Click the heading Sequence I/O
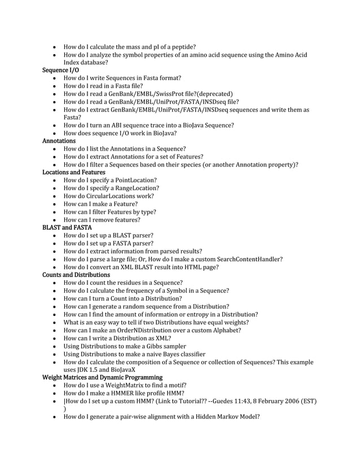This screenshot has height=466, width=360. point(61,70)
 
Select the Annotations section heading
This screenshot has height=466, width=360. point(59,140)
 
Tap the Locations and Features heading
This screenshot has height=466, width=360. point(74,172)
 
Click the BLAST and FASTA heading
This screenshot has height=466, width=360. point(67,227)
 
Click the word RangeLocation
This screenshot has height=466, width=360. point(137,188)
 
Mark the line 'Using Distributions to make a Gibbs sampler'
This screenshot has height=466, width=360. point(125,346)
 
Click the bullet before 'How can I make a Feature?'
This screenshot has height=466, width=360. point(54,204)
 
